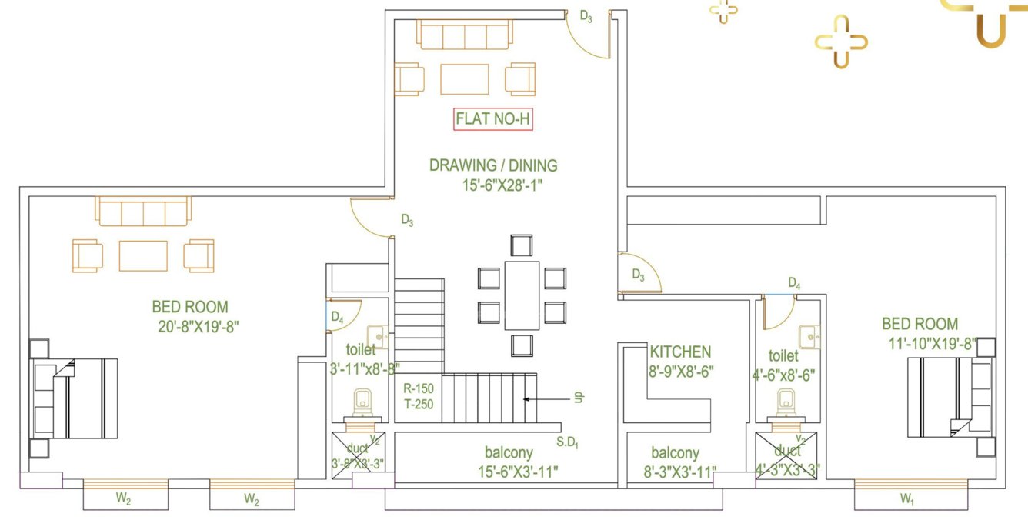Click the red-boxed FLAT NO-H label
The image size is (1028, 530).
coord(493,119)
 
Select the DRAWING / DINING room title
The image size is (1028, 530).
coord(493,165)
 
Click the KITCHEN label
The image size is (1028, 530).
coord(680,352)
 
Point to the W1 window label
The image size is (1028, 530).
coord(908,499)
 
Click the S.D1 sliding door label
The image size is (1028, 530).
coord(567,442)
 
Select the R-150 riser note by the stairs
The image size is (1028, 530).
coord(419,389)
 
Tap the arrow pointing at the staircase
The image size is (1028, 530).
coord(550,398)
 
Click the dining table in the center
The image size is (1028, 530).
coord(521,295)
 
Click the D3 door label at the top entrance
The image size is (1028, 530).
coord(586,16)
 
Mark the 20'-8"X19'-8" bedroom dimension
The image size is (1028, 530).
coord(199,326)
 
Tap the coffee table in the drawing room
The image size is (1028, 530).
coord(464,78)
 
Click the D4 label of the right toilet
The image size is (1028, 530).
coord(794,285)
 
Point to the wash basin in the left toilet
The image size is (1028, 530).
coord(377,336)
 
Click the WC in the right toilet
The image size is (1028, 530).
coord(786,402)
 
